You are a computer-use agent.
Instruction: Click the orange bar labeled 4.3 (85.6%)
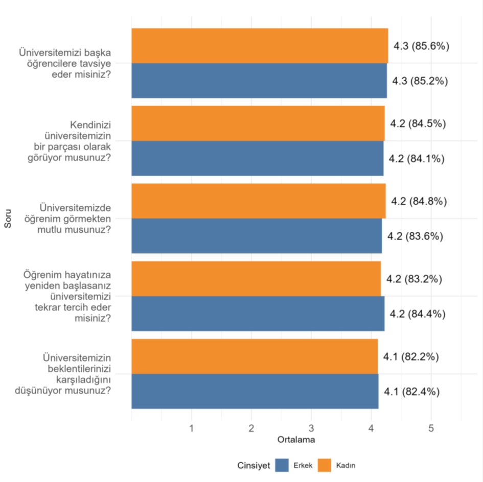coord(260,46)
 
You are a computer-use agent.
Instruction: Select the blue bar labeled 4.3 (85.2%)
coord(259,81)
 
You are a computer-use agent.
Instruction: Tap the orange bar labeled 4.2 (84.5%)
coord(258,124)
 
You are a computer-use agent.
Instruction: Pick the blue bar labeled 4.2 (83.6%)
coord(257,236)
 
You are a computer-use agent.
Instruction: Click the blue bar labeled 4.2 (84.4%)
coord(258,314)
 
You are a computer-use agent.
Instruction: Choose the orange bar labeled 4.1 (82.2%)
coord(255,356)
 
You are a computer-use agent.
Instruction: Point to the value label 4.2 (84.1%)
coord(417,159)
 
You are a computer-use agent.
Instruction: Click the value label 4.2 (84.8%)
coord(419,201)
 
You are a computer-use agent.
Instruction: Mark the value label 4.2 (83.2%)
coord(414,279)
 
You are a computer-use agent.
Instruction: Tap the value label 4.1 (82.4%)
coord(411,392)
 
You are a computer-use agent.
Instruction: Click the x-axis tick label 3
coord(311,428)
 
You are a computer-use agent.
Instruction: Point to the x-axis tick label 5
coord(431,428)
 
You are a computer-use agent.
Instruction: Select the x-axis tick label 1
coord(192,428)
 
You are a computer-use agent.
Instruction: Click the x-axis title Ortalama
coord(296,440)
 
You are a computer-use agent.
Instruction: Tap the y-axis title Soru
coord(8,219)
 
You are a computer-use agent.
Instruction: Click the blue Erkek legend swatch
coord(282,465)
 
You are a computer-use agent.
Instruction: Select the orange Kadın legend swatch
coord(325,465)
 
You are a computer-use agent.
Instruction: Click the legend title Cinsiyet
coord(254,465)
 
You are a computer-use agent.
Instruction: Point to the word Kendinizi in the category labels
coord(90,125)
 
